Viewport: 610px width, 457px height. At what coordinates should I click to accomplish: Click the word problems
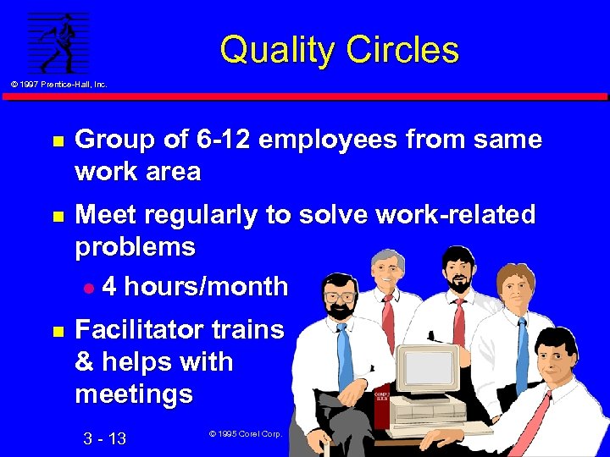(x=135, y=247)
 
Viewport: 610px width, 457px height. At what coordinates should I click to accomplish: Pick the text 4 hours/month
(x=194, y=286)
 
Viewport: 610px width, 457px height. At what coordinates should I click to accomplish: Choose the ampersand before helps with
(x=84, y=362)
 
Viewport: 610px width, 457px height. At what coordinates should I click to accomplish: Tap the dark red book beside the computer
(x=380, y=407)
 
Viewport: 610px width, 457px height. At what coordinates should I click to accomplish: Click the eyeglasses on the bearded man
(x=340, y=296)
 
